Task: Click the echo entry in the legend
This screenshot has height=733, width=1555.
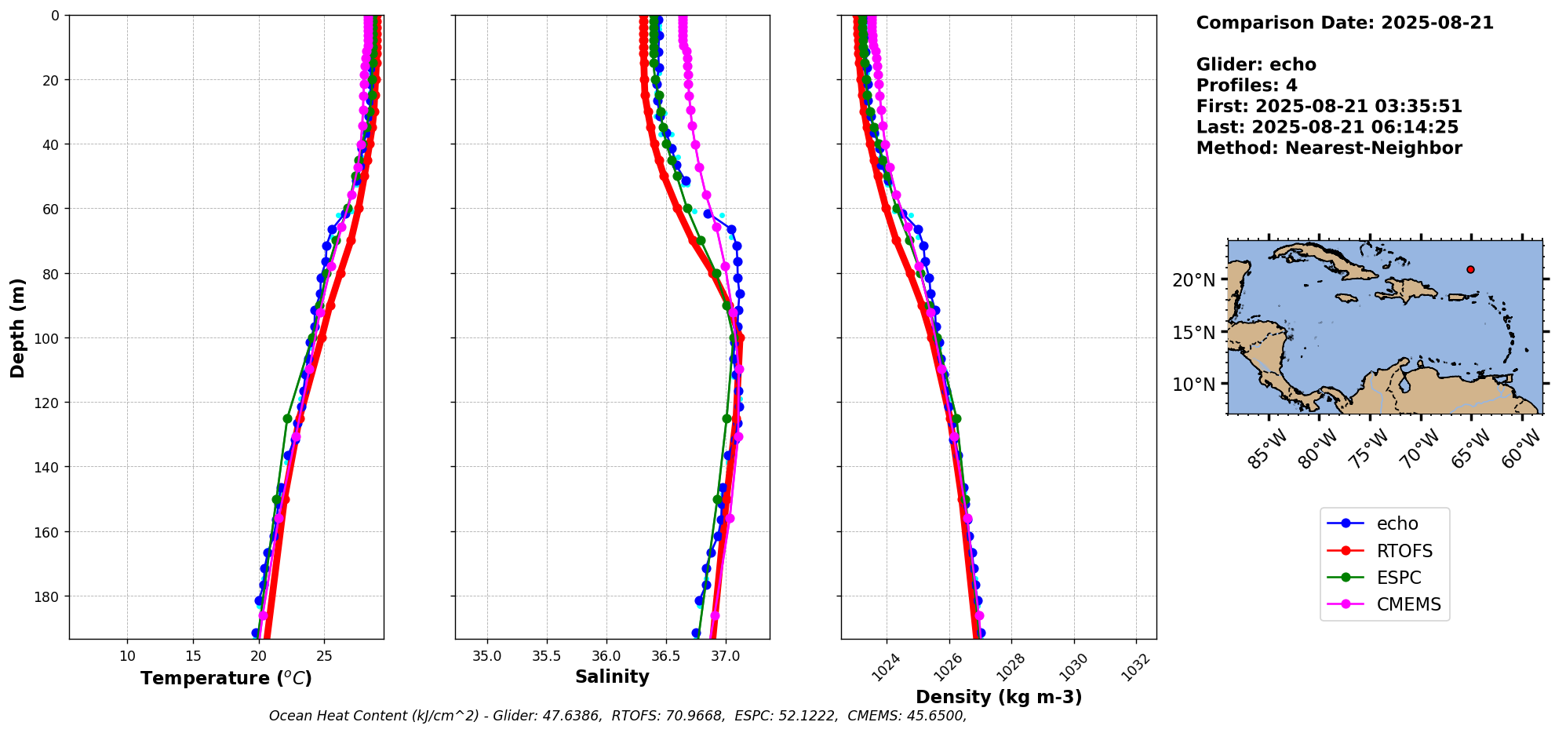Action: point(1397,523)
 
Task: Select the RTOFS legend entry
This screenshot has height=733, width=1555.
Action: point(1404,551)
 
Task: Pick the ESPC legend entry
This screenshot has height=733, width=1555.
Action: point(1398,578)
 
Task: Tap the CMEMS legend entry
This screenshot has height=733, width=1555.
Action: point(1408,604)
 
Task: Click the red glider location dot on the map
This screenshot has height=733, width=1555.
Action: point(1470,269)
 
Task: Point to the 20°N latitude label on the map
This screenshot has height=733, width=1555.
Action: point(1193,280)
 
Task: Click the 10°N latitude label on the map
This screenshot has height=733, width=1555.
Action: point(1193,385)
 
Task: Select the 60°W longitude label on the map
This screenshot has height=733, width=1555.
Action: point(1521,450)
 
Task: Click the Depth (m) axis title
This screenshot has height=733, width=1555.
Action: point(17,327)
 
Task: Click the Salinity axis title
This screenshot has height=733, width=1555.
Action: point(612,677)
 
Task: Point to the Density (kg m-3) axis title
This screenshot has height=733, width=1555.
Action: point(999,697)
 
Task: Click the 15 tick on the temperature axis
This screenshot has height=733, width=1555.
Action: point(193,656)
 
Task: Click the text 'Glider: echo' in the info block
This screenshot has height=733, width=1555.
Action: point(1255,64)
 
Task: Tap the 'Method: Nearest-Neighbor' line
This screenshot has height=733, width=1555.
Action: point(1328,148)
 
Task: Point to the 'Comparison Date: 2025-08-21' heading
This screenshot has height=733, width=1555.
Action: point(1344,23)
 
